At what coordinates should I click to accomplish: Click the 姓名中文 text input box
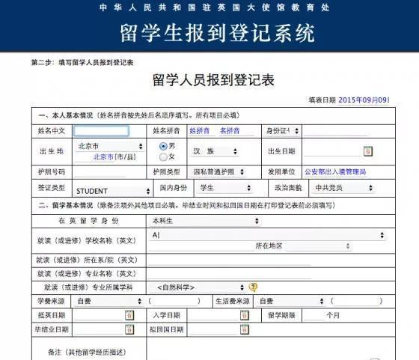point(102,130)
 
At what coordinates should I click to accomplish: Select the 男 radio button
point(163,145)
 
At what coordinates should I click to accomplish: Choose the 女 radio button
point(163,156)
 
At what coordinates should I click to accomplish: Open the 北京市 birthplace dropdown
point(105,146)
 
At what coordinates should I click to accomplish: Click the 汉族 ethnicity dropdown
point(214,151)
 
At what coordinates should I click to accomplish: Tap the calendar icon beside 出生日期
point(367,151)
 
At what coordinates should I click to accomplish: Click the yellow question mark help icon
point(253,287)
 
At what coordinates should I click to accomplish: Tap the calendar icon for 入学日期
point(244,315)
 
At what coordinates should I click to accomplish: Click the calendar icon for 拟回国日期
point(244,329)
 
